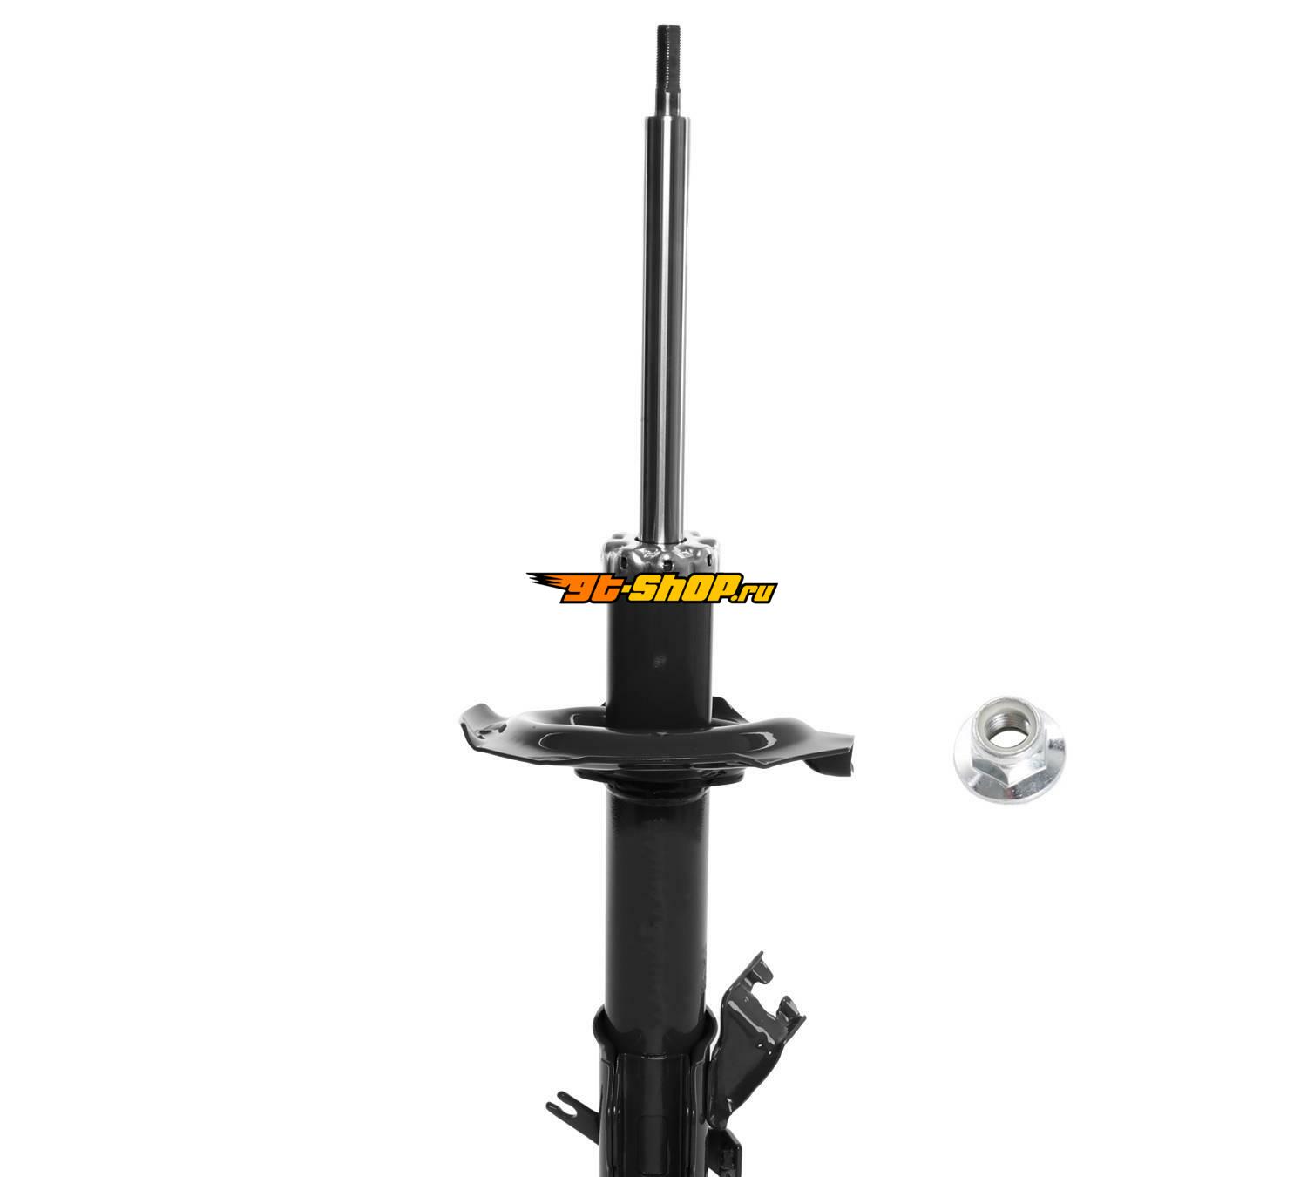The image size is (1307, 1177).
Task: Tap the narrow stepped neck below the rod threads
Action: tap(668, 99)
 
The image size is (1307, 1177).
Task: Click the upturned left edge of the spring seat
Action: tap(482, 723)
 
